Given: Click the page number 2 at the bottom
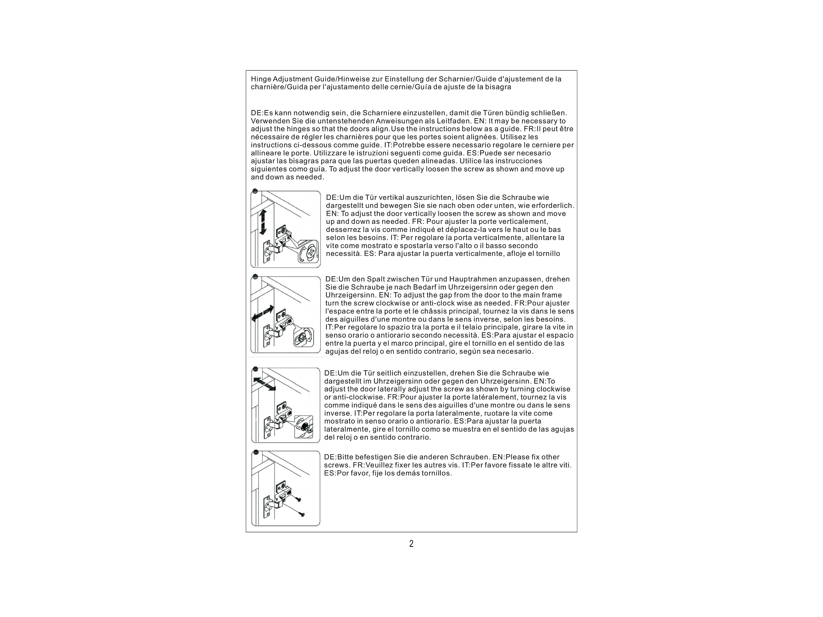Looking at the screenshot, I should pos(411,544).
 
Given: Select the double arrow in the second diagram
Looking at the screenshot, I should pos(263,313).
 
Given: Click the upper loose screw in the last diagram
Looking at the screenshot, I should pos(298,500).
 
